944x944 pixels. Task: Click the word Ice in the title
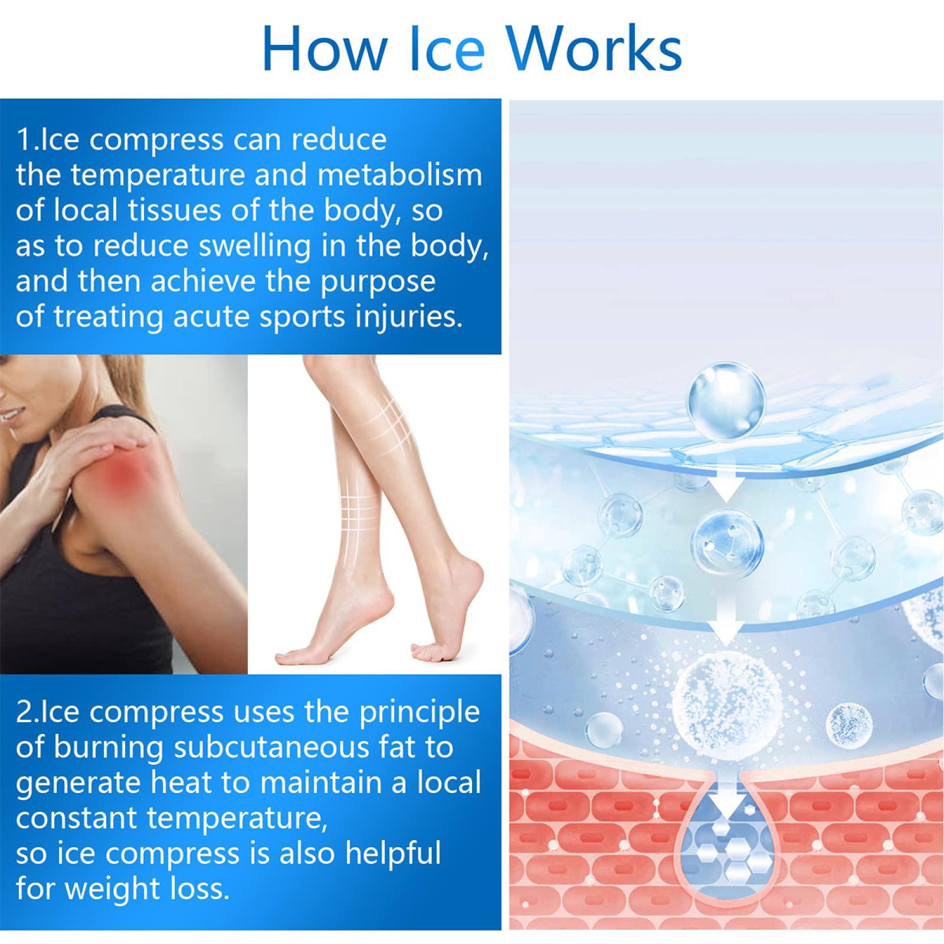pos(447,48)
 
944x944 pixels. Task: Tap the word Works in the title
pos(594,48)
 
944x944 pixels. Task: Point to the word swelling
pos(254,247)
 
